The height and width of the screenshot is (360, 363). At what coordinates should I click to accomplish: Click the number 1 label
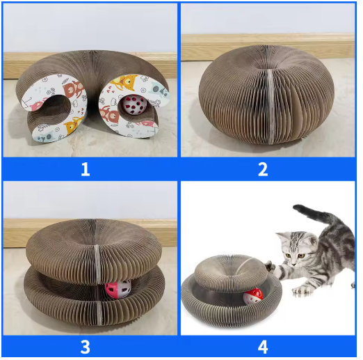coord(86,169)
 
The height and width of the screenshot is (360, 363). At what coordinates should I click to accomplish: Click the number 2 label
coord(263,169)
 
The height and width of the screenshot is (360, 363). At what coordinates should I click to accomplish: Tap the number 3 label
coord(86,347)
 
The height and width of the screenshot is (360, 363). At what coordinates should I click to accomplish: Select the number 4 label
coord(263,347)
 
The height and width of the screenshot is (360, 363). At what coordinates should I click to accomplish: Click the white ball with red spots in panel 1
coord(131,105)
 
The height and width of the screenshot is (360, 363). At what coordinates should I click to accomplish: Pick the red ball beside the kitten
coord(253,296)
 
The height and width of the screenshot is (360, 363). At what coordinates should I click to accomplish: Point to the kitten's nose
coord(293,264)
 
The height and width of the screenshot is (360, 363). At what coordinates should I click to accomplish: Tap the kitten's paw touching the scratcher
coord(270,266)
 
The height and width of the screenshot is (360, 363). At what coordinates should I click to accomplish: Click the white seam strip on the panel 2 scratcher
coord(271,106)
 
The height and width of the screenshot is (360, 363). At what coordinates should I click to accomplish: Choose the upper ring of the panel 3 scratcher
coord(92,253)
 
